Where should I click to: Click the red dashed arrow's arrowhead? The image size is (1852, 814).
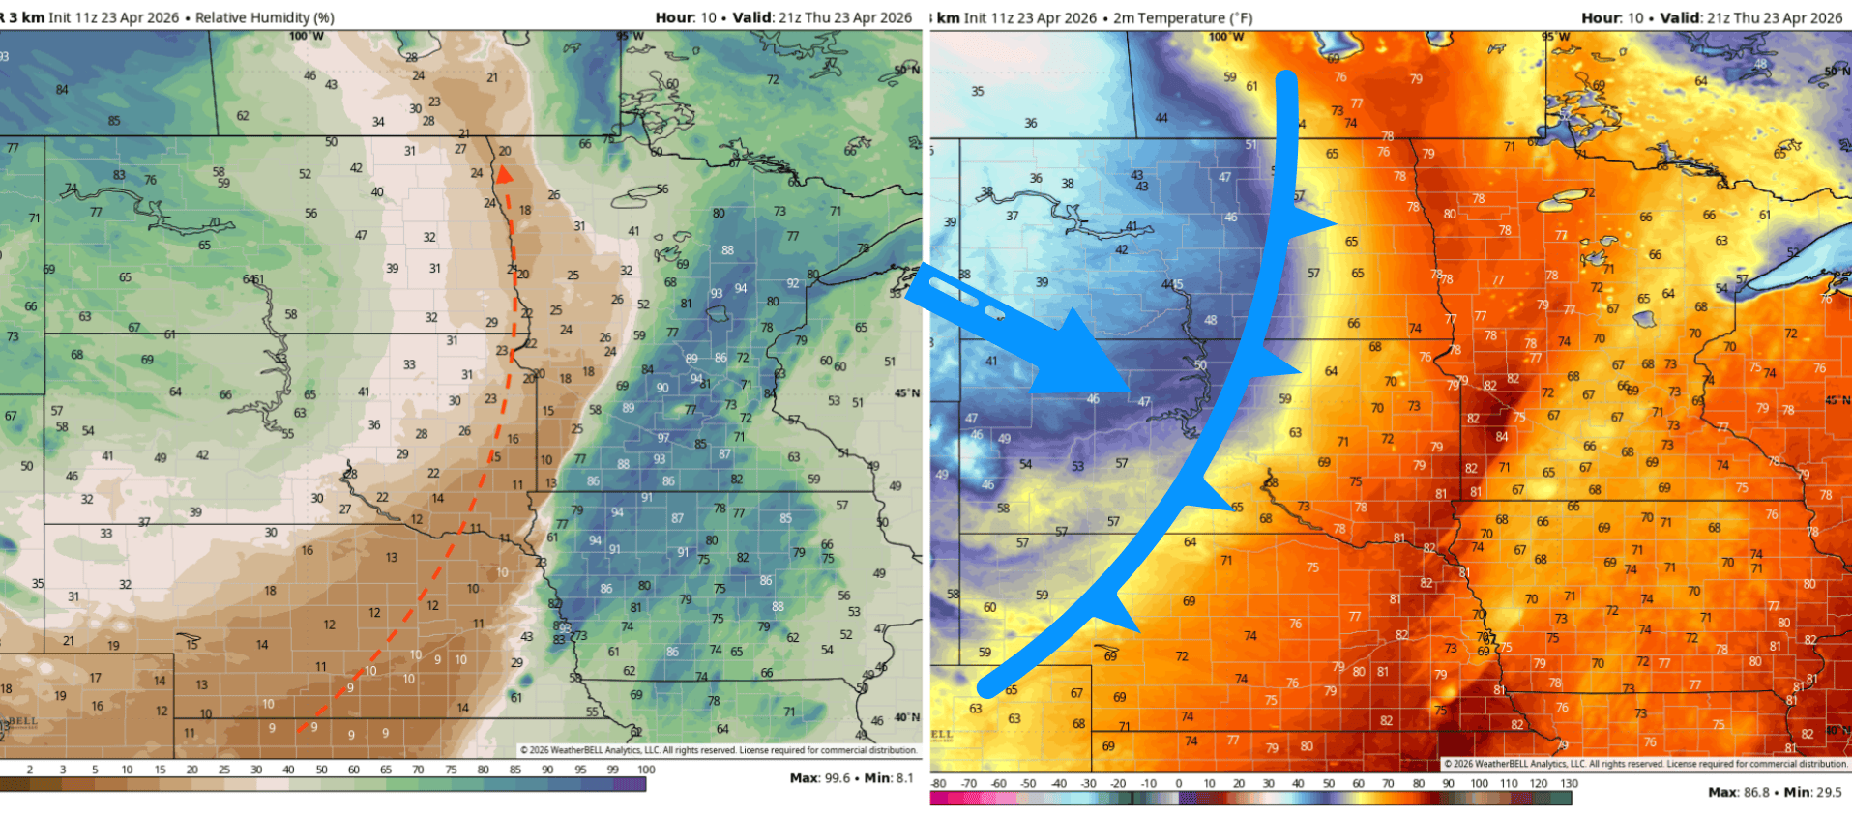503,174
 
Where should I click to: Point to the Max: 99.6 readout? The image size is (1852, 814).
820,777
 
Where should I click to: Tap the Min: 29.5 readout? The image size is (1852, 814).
1813,792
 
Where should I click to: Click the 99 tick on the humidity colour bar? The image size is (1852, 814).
612,770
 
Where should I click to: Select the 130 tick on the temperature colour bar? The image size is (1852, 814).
1569,783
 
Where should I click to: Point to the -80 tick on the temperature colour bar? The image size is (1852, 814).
938,783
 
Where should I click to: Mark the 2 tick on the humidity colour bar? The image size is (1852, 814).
30,770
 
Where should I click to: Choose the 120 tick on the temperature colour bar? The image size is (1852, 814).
1539,783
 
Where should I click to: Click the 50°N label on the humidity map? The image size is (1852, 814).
906,70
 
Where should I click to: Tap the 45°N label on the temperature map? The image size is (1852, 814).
1838,400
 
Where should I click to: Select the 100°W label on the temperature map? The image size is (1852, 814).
1225,38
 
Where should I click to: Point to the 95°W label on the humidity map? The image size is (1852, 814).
630,37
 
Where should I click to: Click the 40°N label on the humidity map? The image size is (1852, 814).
907,717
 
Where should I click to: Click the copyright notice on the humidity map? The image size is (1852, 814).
719,750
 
